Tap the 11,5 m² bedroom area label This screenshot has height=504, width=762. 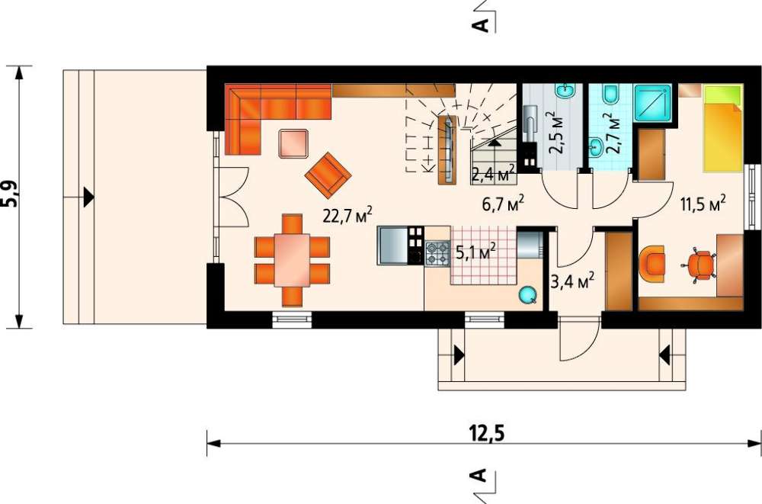pyautogui.click(x=703, y=204)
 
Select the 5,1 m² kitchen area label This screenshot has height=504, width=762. pyautogui.click(x=475, y=251)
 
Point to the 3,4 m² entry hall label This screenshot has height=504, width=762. pyautogui.click(x=572, y=281)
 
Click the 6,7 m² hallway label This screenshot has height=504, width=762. pyautogui.click(x=502, y=204)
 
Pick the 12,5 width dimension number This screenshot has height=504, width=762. pyautogui.click(x=486, y=432)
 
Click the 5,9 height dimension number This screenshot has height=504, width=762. pyautogui.click(x=10, y=194)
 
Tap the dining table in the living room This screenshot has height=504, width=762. pyautogui.click(x=292, y=260)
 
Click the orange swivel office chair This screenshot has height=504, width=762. pyautogui.click(x=700, y=265)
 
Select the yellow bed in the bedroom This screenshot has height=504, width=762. pyautogui.click(x=723, y=128)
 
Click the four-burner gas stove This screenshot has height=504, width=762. pyautogui.click(x=438, y=253)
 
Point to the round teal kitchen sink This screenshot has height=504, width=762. pyautogui.click(x=527, y=294)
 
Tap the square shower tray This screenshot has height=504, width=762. pyautogui.click(x=654, y=103)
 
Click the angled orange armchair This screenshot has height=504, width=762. pyautogui.click(x=328, y=175)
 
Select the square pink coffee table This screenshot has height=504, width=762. pyautogui.click(x=293, y=143)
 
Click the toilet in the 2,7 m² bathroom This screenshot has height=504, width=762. pyautogui.click(x=610, y=94)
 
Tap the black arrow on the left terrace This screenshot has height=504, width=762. pyautogui.click(x=88, y=197)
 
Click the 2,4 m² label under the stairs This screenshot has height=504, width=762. pyautogui.click(x=493, y=174)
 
